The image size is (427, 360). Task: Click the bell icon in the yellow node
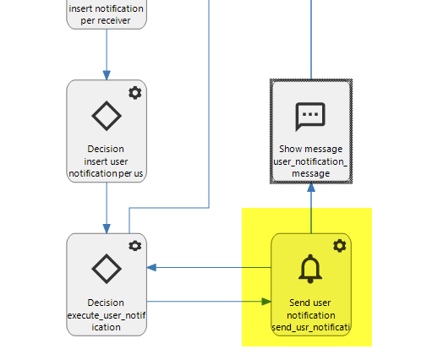(x=310, y=269)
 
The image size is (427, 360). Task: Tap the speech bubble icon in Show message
(x=310, y=116)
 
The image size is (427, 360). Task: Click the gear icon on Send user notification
(x=339, y=246)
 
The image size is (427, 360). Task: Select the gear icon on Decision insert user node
(x=135, y=93)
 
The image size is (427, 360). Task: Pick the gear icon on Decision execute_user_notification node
(x=135, y=246)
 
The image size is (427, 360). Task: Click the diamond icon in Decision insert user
(x=107, y=116)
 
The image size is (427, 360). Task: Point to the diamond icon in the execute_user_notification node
(x=107, y=269)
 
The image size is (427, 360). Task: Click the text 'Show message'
(x=310, y=149)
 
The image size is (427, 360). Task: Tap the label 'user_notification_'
(x=310, y=161)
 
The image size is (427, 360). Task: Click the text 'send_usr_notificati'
(x=310, y=327)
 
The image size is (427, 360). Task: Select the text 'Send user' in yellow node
(x=310, y=303)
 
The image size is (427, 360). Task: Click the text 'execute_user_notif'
(x=107, y=315)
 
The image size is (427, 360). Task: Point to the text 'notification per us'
(x=106, y=173)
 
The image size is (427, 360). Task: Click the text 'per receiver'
(x=106, y=20)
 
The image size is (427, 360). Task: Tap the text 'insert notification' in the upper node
(x=106, y=8)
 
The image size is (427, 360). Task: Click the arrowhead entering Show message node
(x=311, y=188)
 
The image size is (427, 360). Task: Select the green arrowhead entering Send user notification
(x=266, y=302)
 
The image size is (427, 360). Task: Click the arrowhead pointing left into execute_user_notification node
(x=151, y=267)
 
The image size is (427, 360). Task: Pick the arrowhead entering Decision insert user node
(x=107, y=75)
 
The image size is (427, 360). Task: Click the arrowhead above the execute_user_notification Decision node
(x=107, y=229)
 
